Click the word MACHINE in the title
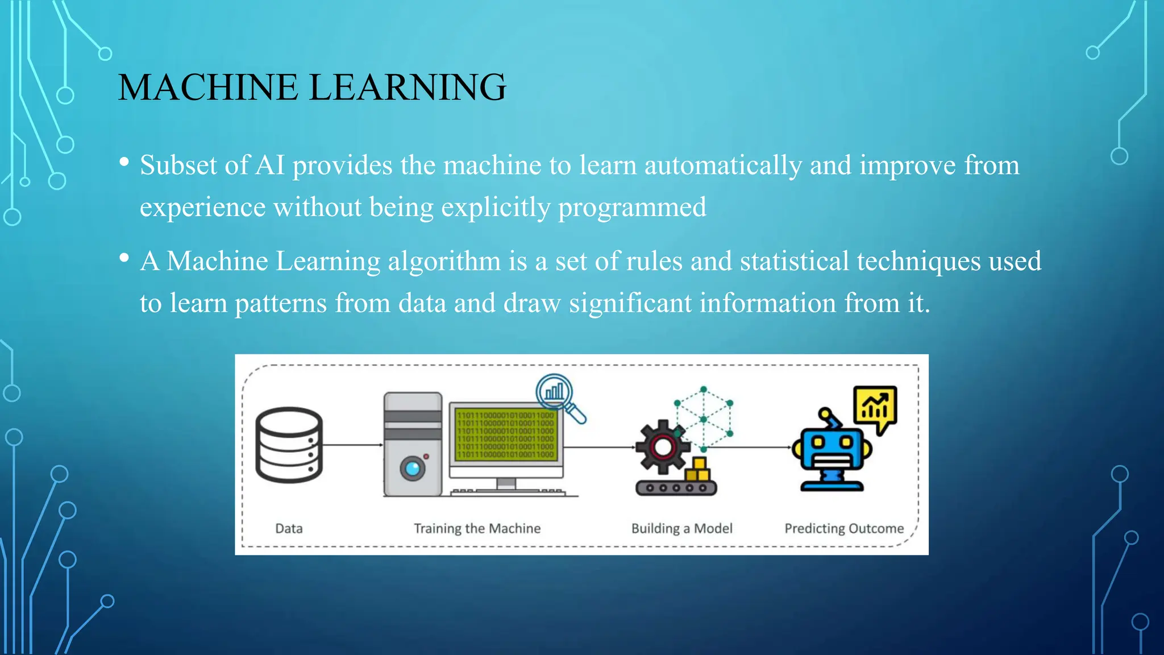point(208,88)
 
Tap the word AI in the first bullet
point(270,165)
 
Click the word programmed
point(632,208)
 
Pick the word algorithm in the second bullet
point(444,262)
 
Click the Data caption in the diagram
point(289,529)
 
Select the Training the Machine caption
point(477,529)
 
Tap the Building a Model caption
point(681,529)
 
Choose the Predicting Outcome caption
point(844,529)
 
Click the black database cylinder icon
point(289,445)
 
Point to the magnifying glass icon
point(559,397)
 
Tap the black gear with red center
point(662,447)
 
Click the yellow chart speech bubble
point(875,406)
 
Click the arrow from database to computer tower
point(352,445)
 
